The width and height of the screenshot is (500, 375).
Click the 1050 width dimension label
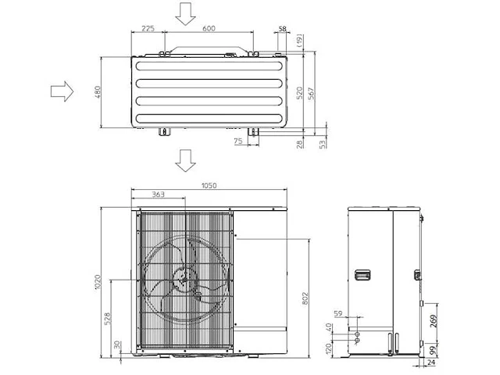click(x=209, y=186)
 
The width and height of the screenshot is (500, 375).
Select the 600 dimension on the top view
click(x=209, y=28)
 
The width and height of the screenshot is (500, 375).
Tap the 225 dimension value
click(x=148, y=28)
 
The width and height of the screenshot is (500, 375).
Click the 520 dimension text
click(x=300, y=92)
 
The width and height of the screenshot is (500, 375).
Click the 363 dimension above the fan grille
click(x=159, y=195)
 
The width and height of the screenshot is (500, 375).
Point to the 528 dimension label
click(x=108, y=318)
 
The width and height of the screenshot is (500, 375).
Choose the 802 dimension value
click(x=305, y=298)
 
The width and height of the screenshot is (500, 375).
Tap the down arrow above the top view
click(x=185, y=13)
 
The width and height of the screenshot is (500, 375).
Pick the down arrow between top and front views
click(x=185, y=161)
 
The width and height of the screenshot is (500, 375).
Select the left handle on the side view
click(x=361, y=275)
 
